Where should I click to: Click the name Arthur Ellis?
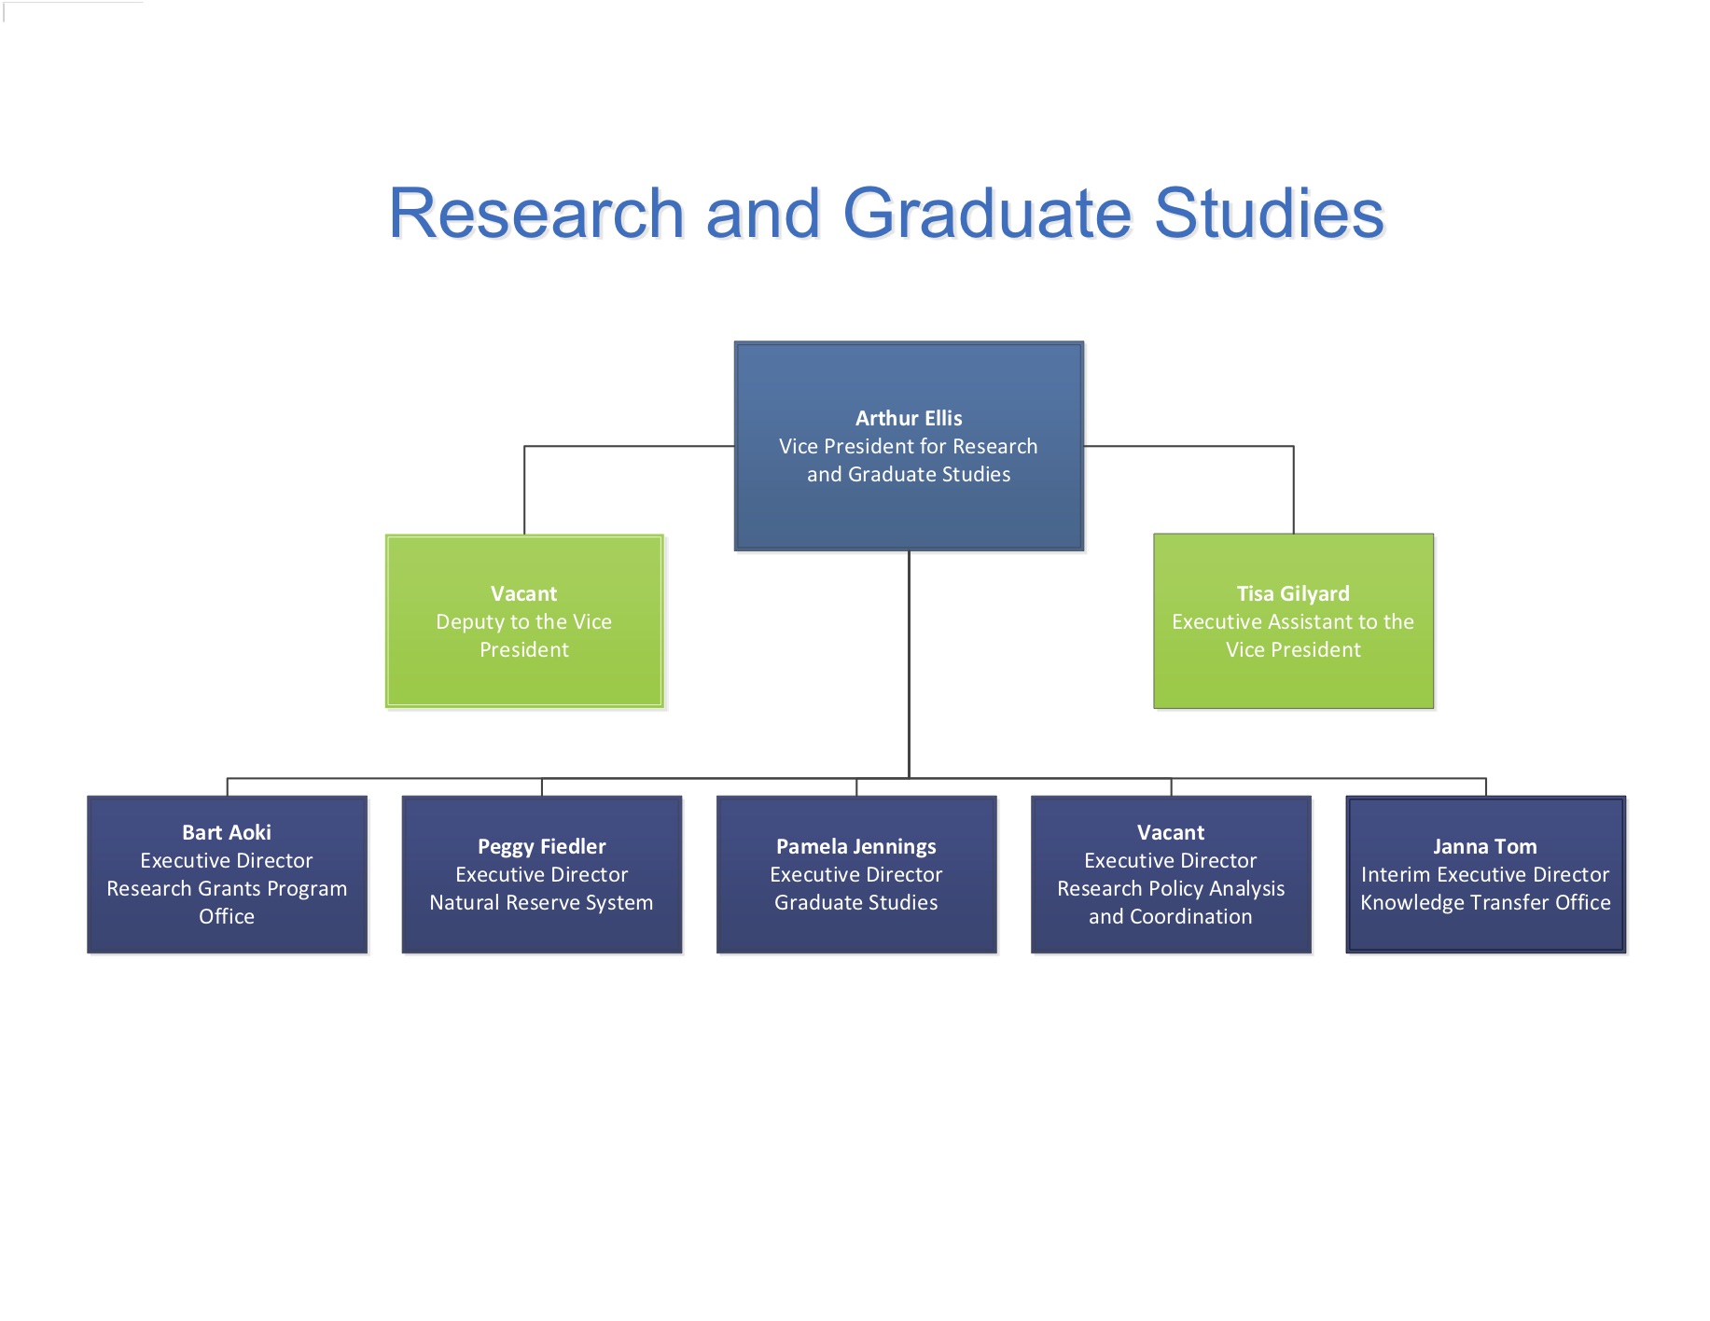[x=909, y=418]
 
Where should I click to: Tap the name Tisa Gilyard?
[x=1293, y=593]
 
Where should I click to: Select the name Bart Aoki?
[x=227, y=832]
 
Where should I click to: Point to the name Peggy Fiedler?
[x=542, y=846]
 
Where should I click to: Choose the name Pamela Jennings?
[x=856, y=846]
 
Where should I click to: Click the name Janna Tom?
[x=1485, y=846]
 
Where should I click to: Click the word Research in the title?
[x=537, y=213]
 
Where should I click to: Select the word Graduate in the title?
[x=987, y=213]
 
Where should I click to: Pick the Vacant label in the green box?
[x=524, y=593]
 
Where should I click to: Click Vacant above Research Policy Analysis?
[x=1171, y=832]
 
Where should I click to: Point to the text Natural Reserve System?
[x=542, y=902]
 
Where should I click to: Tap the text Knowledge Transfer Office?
[x=1485, y=902]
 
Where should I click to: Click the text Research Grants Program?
[x=227, y=888]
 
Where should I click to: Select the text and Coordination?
[x=1171, y=916]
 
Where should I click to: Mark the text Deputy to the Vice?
[x=524, y=621]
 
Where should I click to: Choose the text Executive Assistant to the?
[x=1293, y=621]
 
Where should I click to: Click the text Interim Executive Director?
[x=1485, y=874]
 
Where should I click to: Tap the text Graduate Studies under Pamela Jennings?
[x=856, y=902]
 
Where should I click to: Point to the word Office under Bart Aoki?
[x=227, y=916]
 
